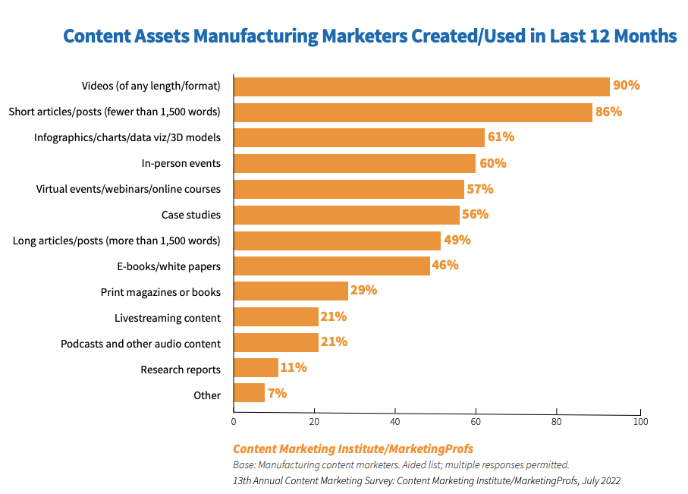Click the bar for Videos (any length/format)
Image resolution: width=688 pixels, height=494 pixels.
tap(422, 87)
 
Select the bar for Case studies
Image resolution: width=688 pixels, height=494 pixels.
tap(347, 215)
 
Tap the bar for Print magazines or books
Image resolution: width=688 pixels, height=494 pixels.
tap(291, 291)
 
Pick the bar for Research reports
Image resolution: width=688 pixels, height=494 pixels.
tap(256, 368)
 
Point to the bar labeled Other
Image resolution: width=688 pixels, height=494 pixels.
tap(249, 393)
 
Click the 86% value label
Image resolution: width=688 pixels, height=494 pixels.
tap(608, 112)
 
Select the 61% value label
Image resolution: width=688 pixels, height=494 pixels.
tap(501, 137)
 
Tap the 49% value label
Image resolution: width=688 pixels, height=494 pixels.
tap(457, 240)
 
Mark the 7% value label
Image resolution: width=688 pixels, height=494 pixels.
tap(277, 393)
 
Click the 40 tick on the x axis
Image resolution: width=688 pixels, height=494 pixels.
tap(395, 420)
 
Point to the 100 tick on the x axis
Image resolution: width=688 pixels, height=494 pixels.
tap(642, 420)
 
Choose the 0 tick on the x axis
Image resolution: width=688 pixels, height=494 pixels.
tap(234, 420)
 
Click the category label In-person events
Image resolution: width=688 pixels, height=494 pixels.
tap(181, 163)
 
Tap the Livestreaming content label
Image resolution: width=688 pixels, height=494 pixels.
tap(168, 318)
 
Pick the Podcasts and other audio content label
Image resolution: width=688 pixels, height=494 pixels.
tap(140, 344)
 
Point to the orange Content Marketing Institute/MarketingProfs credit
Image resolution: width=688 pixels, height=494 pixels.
tap(353, 448)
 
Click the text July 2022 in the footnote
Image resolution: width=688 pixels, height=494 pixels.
tap(599, 480)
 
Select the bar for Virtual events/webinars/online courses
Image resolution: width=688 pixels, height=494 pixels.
tap(349, 189)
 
